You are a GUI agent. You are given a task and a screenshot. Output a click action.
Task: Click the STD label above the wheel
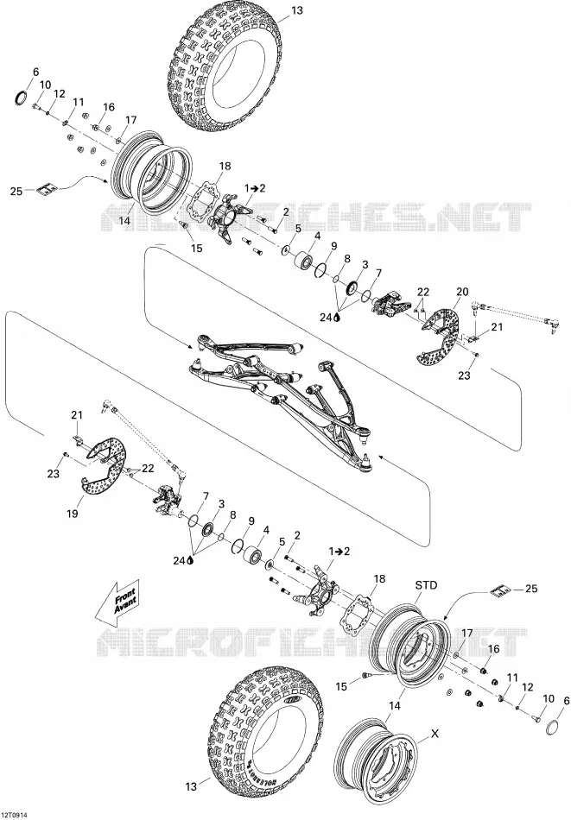point(426,586)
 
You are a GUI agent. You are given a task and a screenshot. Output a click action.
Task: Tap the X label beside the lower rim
point(435,734)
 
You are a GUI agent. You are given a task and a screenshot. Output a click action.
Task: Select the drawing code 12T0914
point(15,815)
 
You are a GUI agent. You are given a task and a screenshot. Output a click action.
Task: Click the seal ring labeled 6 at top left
point(22,98)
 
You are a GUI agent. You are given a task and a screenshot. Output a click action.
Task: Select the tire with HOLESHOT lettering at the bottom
point(266,735)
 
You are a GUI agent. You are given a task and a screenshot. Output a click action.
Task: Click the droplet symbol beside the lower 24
point(189,560)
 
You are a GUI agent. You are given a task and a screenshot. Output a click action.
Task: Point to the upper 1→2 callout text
point(254,188)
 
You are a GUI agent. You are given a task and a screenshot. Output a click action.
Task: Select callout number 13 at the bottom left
point(191,786)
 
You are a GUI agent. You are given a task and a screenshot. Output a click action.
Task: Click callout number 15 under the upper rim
point(196,249)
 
